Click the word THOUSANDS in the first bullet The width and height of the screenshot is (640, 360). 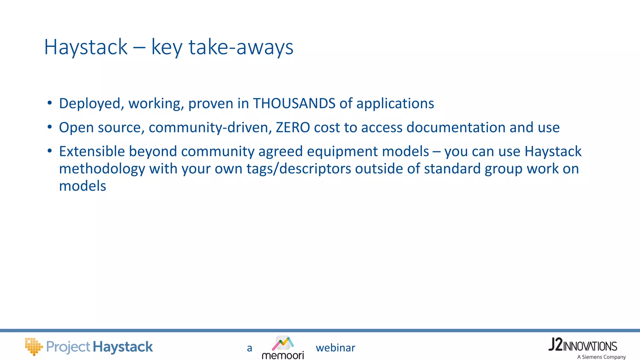tap(294, 103)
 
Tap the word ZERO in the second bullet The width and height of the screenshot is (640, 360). tap(293, 127)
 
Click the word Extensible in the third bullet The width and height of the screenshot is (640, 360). tap(92, 151)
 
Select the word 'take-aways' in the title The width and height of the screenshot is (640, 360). tap(241, 47)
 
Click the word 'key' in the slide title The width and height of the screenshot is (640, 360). tap(167, 48)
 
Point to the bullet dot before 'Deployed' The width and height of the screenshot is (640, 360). tap(49, 103)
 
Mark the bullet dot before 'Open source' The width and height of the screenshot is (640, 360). tap(49, 127)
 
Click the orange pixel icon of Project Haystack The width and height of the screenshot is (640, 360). tap(33, 346)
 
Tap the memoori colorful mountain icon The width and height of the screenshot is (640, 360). tap(283, 343)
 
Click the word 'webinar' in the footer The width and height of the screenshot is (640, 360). tap(335, 348)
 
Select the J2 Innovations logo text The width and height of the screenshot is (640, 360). tap(582, 345)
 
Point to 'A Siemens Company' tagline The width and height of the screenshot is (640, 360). tap(601, 357)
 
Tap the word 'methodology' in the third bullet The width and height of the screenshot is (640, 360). tap(102, 169)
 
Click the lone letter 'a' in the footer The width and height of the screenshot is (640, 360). tap(249, 348)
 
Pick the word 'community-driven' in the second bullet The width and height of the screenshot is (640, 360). tap(210, 127)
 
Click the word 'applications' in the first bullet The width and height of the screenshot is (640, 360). tap(395, 103)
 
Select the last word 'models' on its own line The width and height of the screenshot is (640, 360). tap(82, 186)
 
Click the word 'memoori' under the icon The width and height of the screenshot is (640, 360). tap(283, 356)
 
